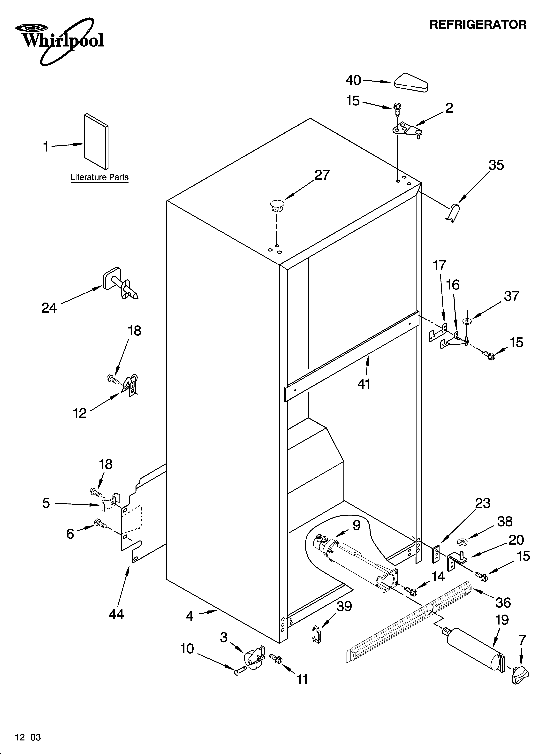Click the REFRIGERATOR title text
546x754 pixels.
coord(478,25)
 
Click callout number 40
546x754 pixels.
coord(353,80)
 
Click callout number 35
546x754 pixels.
coord(496,165)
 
